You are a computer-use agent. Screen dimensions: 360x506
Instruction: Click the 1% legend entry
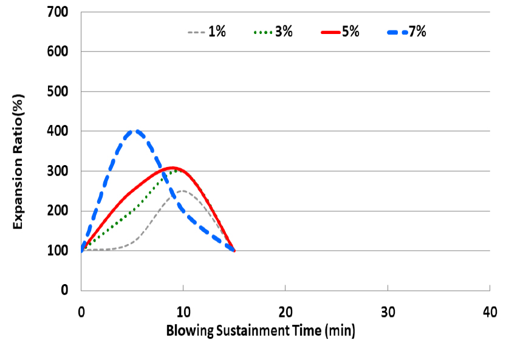tap(206, 32)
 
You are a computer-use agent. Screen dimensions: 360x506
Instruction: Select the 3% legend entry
tap(272, 32)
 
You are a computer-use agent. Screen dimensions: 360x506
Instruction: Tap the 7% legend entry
tap(406, 32)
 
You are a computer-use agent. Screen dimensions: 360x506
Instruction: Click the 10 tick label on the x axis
tap(183, 312)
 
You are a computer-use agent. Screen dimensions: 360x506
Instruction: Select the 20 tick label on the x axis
tap(285, 312)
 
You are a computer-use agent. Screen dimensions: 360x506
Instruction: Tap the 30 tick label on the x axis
tap(388, 312)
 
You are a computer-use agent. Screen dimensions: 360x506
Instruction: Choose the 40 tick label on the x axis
tap(490, 312)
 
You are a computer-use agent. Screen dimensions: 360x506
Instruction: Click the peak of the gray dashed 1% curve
tap(183, 191)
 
